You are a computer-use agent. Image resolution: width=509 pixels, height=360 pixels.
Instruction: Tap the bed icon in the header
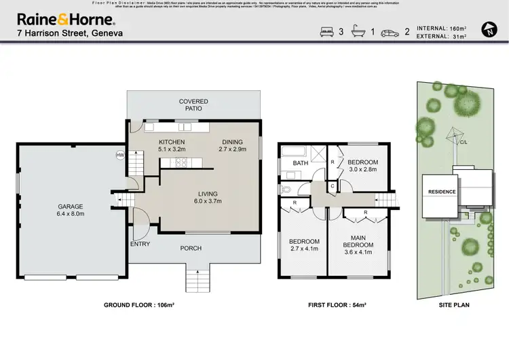point(326,31)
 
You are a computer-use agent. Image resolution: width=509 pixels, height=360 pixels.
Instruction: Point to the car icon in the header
point(390,31)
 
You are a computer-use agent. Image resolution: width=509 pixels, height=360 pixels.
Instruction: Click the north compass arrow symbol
point(488,29)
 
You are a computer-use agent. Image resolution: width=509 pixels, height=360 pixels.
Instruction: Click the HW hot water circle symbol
point(121,155)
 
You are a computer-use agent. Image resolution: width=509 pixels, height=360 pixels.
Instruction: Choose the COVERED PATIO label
point(193,105)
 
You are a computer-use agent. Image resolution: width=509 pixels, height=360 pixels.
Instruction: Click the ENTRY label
point(139,244)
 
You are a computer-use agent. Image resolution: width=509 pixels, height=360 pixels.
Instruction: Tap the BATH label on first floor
point(300,164)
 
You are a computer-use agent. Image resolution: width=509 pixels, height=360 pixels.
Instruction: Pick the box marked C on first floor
point(333,185)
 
